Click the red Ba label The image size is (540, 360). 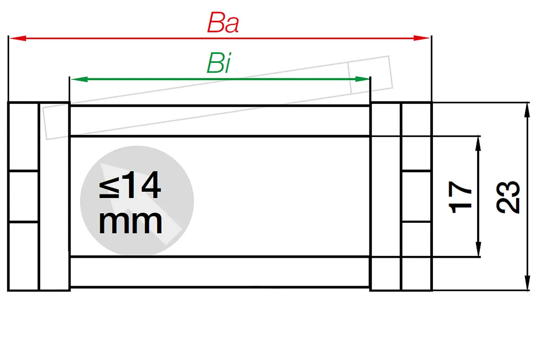pos(223,22)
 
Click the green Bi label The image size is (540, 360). pos(219,63)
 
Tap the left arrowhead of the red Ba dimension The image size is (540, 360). pos(18,38)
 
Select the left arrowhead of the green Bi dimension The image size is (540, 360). pos(79,79)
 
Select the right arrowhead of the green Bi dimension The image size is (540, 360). pos(362,79)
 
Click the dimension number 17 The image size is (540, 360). pos(460,197)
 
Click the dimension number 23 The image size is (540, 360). pos(508,197)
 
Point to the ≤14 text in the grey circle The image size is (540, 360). pos(130,184)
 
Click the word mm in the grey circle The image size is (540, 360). pos(130,223)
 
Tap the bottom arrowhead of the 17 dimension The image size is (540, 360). pos(478,249)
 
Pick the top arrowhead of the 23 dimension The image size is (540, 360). pos(527,110)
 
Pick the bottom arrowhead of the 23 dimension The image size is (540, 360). pos(527,283)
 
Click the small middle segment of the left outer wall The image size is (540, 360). pos(23,196)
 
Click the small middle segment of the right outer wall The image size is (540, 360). pos(416,196)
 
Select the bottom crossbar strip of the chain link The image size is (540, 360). pos(220,272)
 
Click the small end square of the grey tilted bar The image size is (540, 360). pos(370,75)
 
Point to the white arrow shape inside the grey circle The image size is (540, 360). pos(141,204)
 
